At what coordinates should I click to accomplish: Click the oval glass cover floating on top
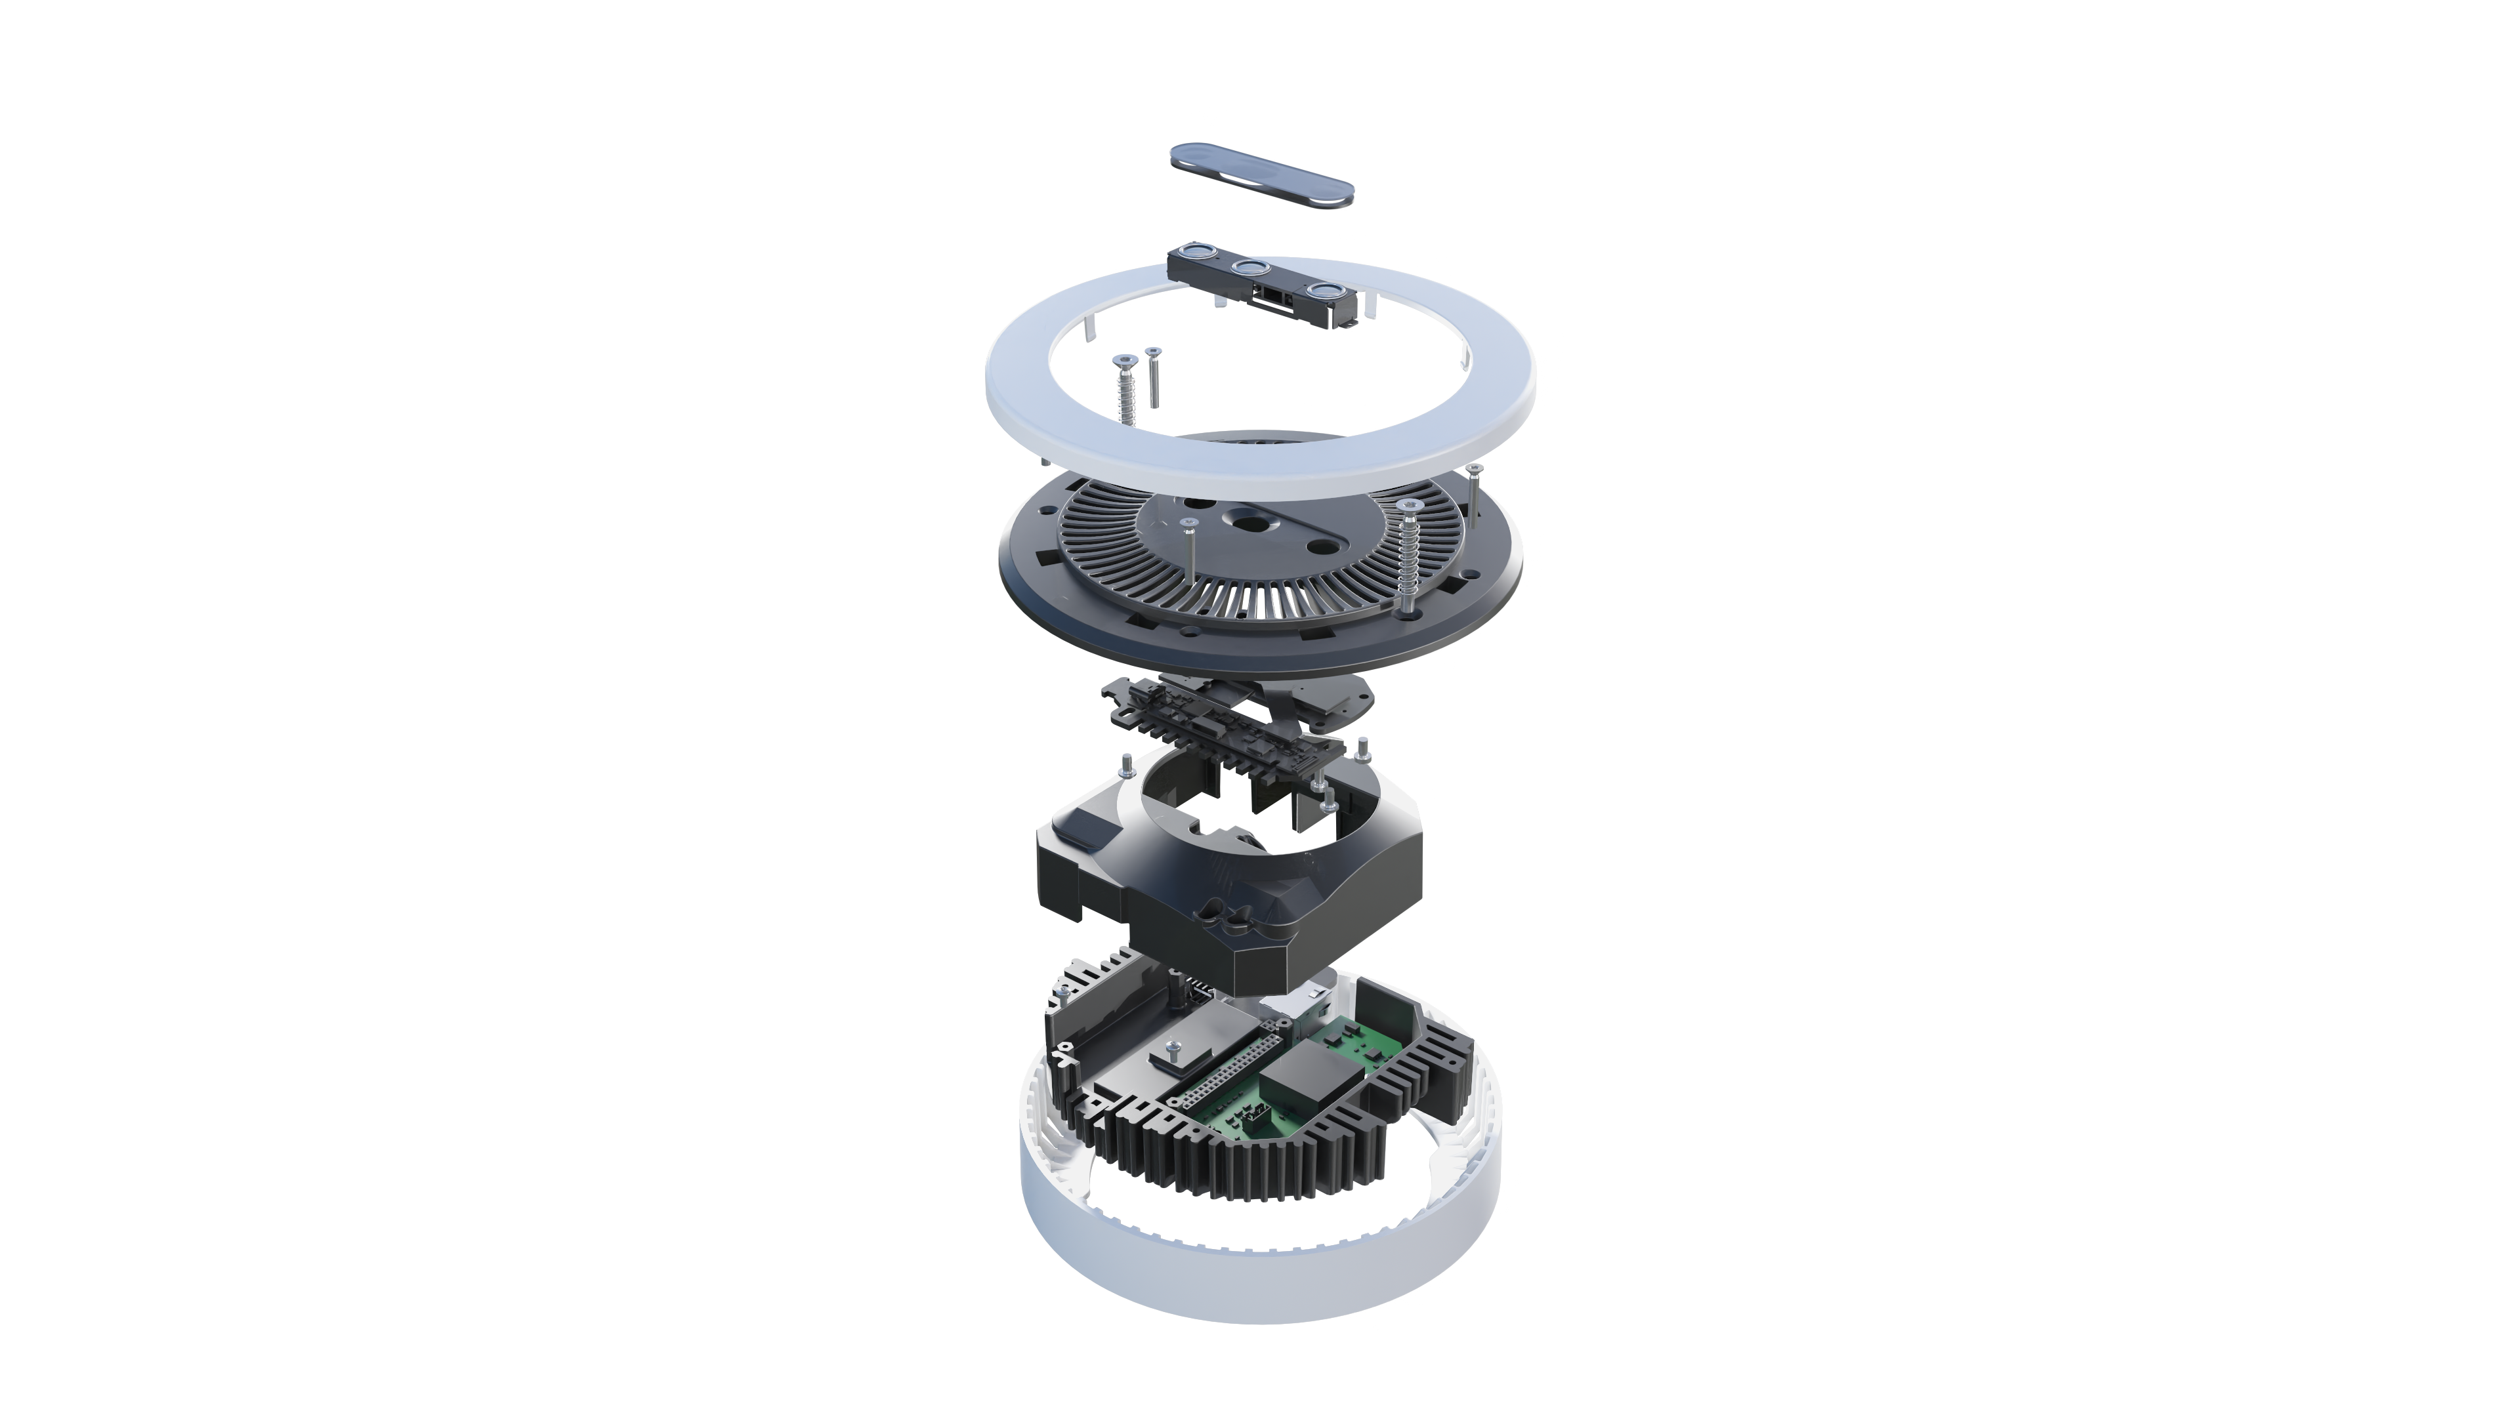[x=1263, y=175]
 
